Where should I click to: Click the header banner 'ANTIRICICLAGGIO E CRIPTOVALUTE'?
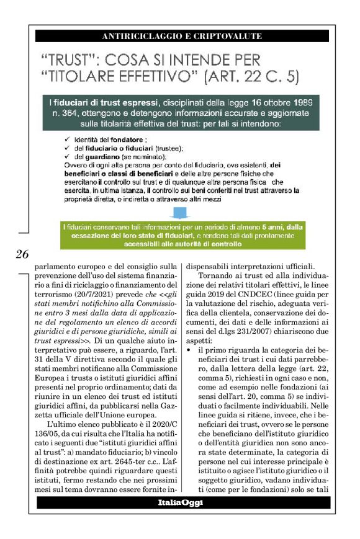pyautogui.click(x=181, y=36)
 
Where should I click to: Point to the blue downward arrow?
pyautogui.click(x=181, y=214)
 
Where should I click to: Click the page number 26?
pyautogui.click(x=22, y=254)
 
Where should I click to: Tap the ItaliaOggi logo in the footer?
pyautogui.click(x=179, y=503)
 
